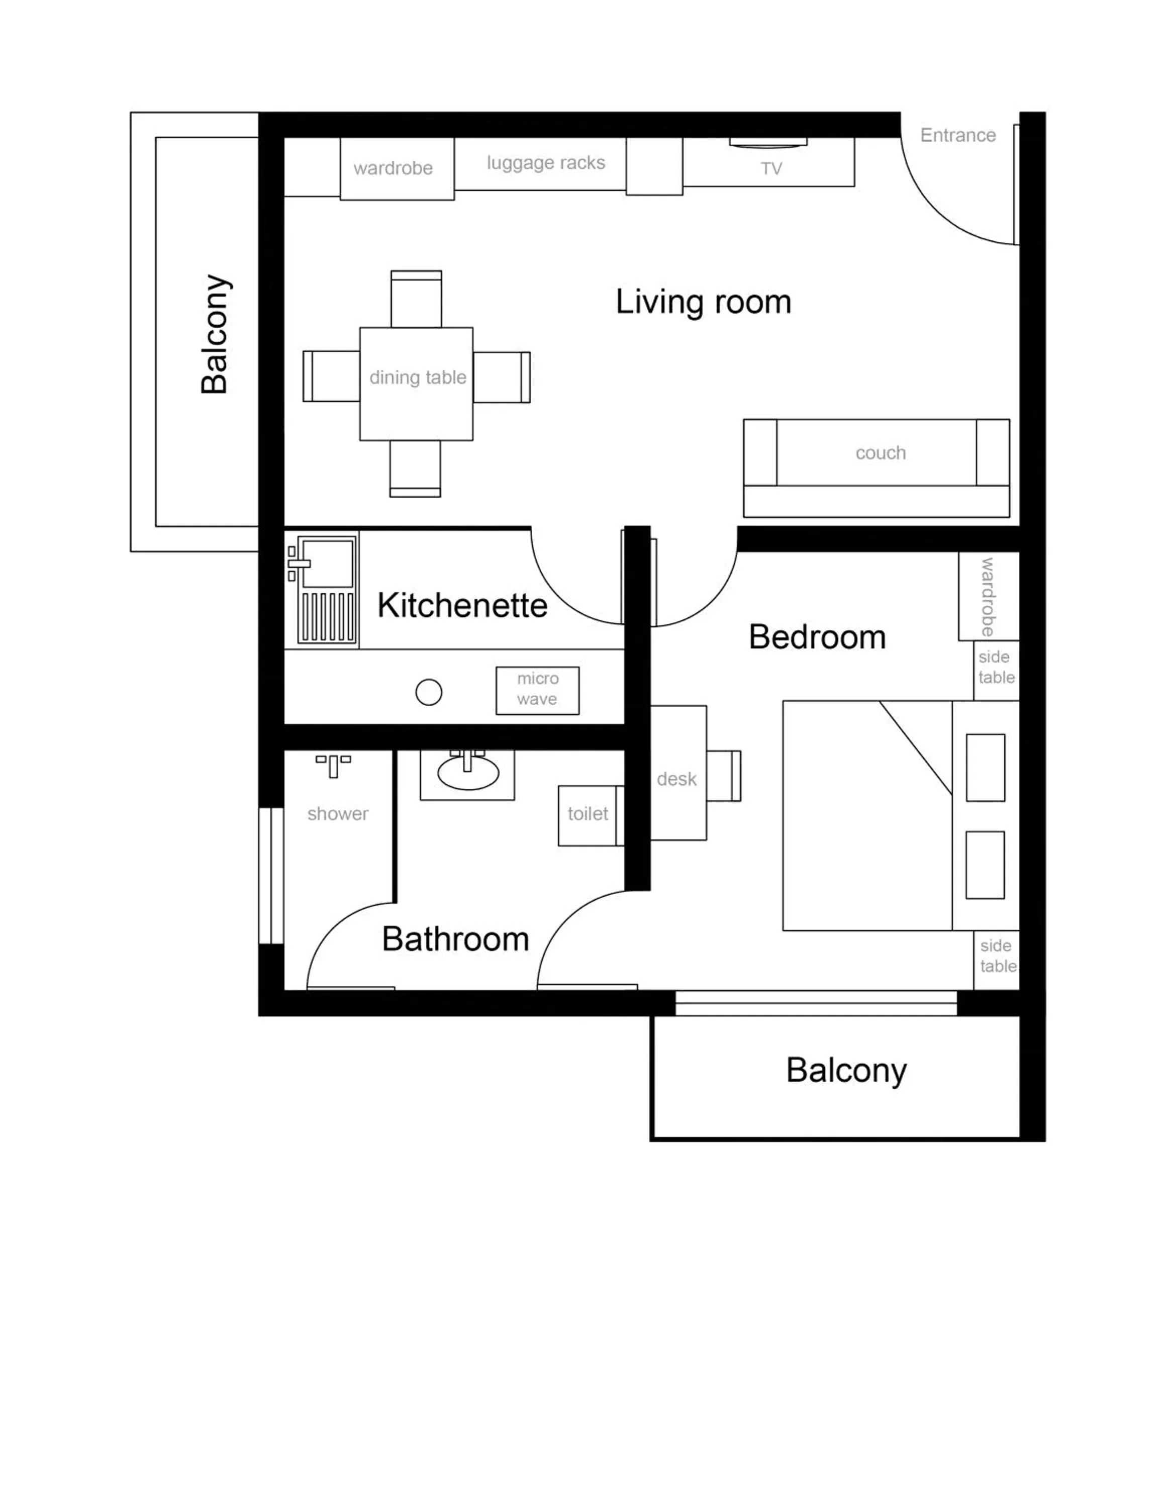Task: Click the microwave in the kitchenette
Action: (x=537, y=690)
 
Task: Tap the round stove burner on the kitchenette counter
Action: (x=429, y=692)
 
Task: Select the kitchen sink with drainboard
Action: (x=322, y=589)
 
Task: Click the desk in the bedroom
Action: (x=678, y=773)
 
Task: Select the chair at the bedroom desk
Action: (x=725, y=776)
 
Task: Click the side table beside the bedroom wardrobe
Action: (x=996, y=668)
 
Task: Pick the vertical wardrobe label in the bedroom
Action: (x=988, y=597)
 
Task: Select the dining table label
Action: (x=418, y=378)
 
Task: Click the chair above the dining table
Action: (x=416, y=299)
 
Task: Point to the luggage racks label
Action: (x=545, y=163)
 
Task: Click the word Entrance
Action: (x=958, y=135)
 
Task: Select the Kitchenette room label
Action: (x=462, y=606)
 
